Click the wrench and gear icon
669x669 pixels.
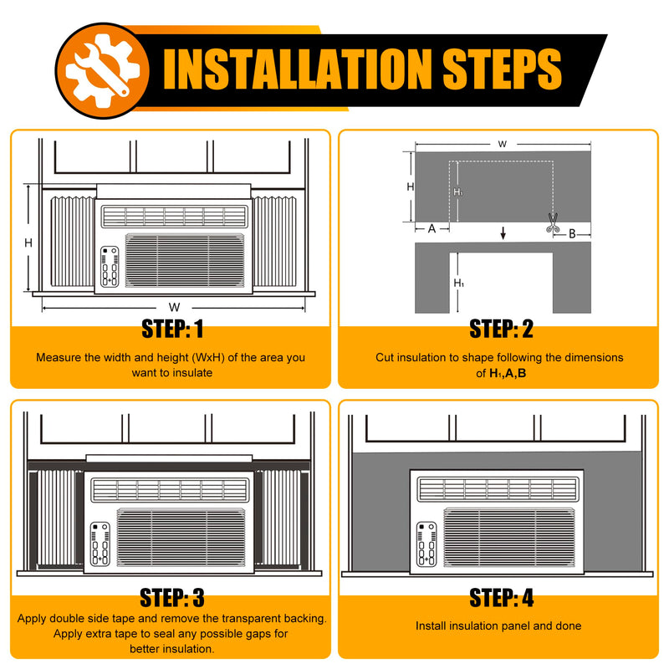coord(102,71)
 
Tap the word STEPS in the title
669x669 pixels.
coord(502,69)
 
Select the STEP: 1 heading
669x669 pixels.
coord(172,329)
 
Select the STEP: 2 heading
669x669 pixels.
coord(501,329)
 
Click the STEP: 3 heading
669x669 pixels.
coord(172,598)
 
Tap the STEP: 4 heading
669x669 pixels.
coord(501,598)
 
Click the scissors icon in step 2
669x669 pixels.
coord(553,222)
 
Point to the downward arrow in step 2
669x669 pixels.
coord(503,233)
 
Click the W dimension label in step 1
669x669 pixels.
coord(174,307)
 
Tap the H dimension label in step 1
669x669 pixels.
coord(28,243)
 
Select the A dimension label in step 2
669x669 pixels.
coord(432,229)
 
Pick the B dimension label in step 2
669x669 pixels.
coord(572,234)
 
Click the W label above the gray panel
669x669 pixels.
coord(503,144)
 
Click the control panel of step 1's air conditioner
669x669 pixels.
coord(110,267)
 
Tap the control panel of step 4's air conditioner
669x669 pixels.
coord(426,544)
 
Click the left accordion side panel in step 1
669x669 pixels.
coord(73,242)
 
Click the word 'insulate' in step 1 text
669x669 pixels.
coord(192,373)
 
